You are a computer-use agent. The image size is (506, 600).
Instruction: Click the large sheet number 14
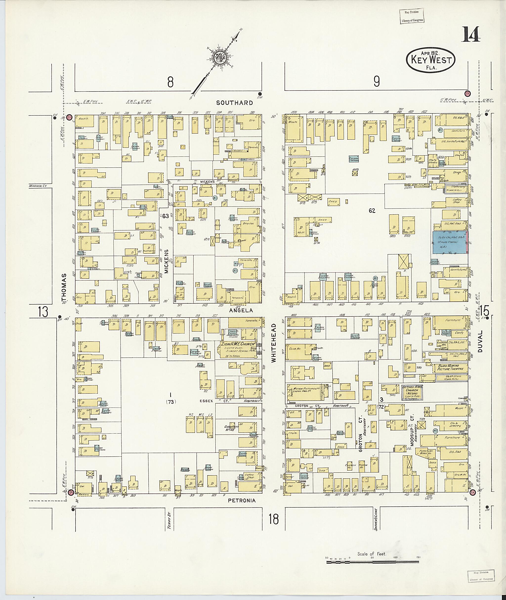(471, 34)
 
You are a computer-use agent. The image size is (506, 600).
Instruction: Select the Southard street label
(234, 103)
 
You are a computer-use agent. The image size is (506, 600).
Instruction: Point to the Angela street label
(241, 310)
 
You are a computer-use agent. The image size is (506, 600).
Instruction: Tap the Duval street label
(481, 341)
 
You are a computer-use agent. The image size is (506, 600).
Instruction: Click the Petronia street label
(242, 500)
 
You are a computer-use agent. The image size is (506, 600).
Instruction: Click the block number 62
(372, 211)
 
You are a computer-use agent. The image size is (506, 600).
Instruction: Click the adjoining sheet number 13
(43, 312)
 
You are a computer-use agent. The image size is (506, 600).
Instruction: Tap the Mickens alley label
(166, 261)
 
